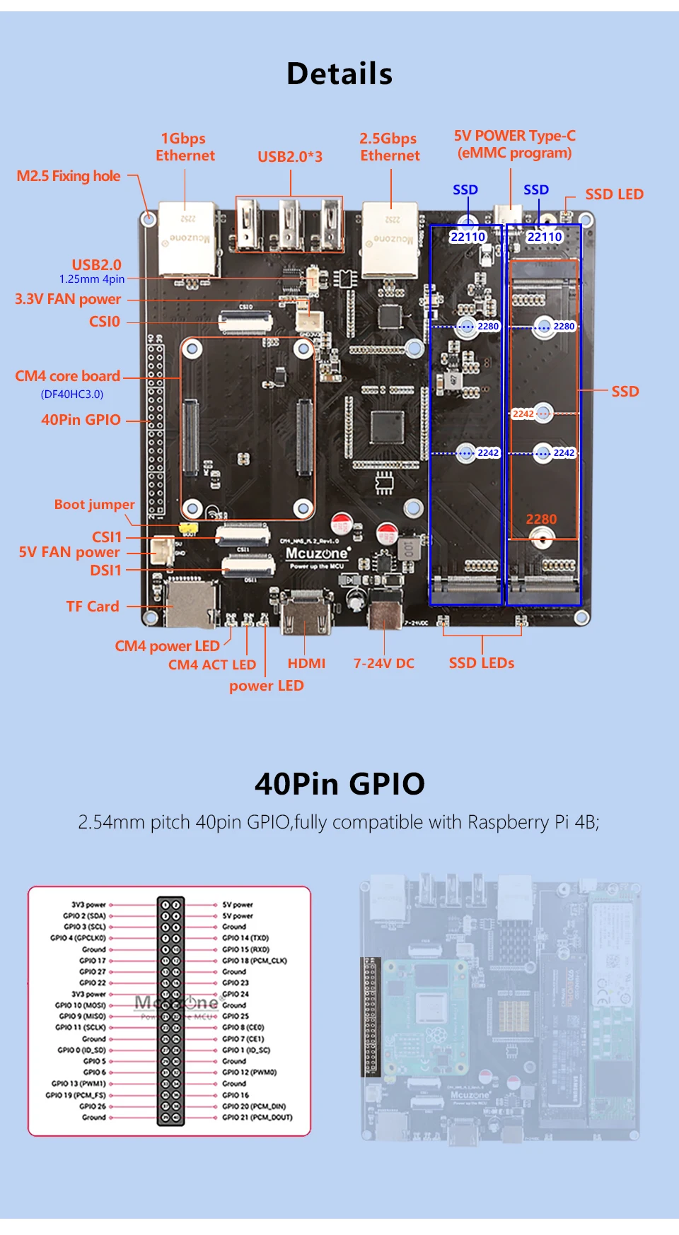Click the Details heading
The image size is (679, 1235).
point(339,74)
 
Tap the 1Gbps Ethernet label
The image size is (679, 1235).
point(185,147)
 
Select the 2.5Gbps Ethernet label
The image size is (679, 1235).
point(389,147)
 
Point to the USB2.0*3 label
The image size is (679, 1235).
point(290,157)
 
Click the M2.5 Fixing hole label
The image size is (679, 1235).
point(69,176)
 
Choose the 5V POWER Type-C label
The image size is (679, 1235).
point(514,144)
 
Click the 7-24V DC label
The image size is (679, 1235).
point(384,663)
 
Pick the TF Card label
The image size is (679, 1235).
point(93,607)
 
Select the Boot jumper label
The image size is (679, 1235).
point(94,505)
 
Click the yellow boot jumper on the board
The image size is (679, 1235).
point(188,528)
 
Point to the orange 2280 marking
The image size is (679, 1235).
point(541,519)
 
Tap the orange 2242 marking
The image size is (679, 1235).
point(523,414)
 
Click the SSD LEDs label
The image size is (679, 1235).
point(482,663)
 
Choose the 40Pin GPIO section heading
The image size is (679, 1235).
point(339,783)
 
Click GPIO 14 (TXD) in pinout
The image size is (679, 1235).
point(245,938)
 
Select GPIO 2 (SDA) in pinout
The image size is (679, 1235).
point(84,915)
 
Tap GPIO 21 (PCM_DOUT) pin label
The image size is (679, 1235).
point(257,1118)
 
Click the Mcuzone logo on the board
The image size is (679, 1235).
point(317,554)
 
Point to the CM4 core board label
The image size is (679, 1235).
point(68,376)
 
